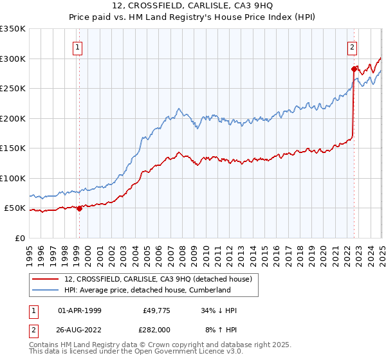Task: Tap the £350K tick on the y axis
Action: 13,29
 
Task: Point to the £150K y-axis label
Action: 13,148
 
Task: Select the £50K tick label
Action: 15,208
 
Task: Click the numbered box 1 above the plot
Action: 77,46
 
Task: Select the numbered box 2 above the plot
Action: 353,46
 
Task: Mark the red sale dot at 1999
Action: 79,208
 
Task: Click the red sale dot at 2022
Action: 354,69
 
